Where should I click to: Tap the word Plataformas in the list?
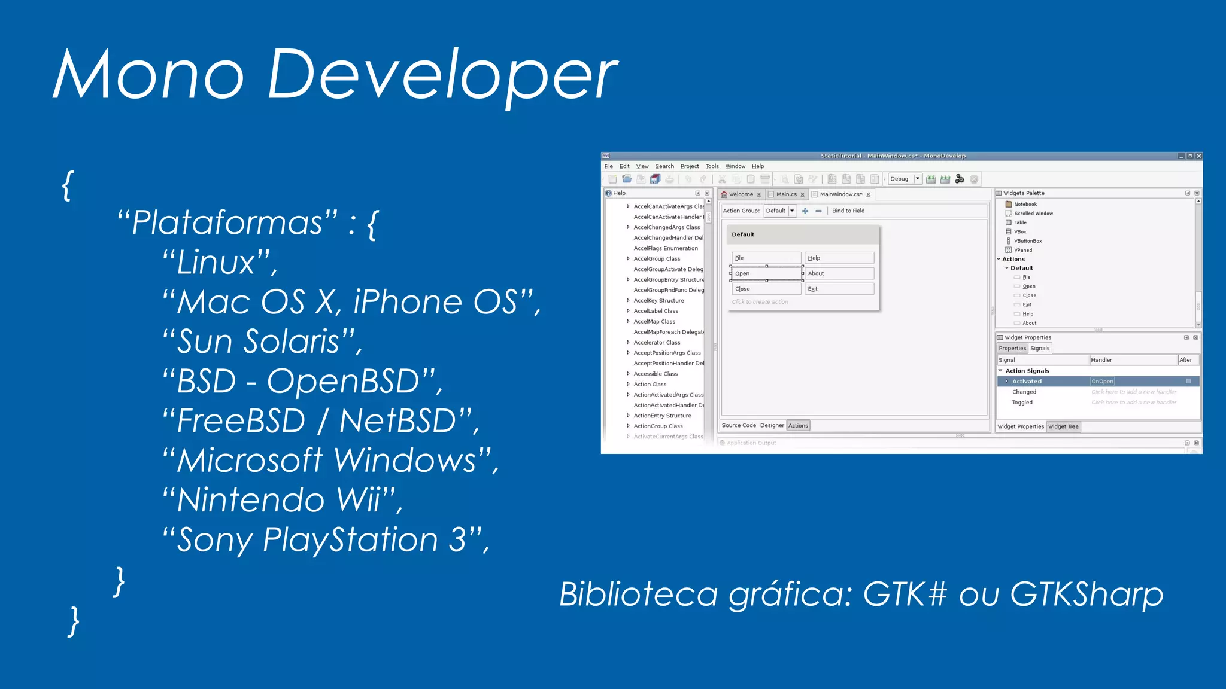click(x=227, y=222)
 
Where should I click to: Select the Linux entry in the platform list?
click(x=217, y=263)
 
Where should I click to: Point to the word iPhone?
click(x=408, y=302)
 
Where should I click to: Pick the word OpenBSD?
click(x=343, y=382)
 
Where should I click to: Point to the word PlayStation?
click(x=351, y=539)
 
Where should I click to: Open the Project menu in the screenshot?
click(x=690, y=166)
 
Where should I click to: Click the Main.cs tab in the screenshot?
click(x=786, y=194)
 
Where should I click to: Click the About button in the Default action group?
click(x=839, y=273)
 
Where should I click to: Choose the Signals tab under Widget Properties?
click(x=1040, y=348)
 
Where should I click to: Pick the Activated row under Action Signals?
click(x=1027, y=381)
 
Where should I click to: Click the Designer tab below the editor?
click(x=772, y=425)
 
